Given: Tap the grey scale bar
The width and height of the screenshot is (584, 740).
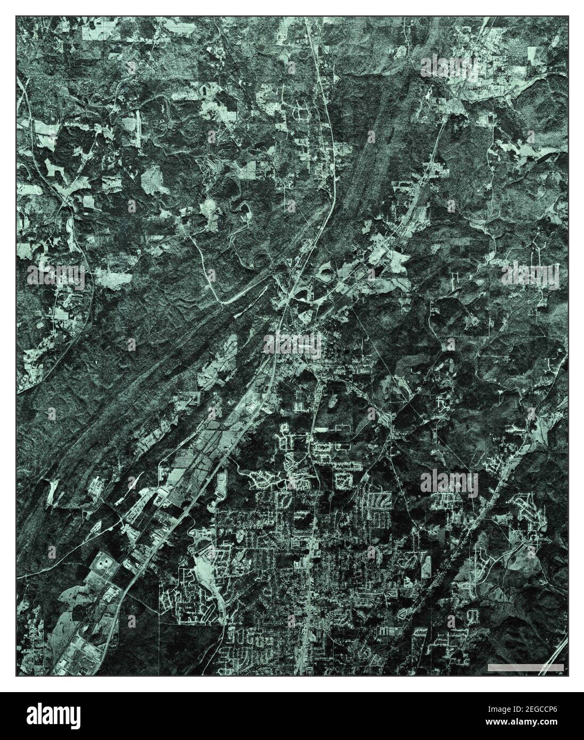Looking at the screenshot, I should pyautogui.click(x=525, y=667).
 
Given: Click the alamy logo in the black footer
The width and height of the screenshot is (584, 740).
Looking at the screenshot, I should pyautogui.click(x=56, y=716).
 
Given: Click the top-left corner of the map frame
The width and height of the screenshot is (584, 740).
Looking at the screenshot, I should pyautogui.click(x=16, y=16).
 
